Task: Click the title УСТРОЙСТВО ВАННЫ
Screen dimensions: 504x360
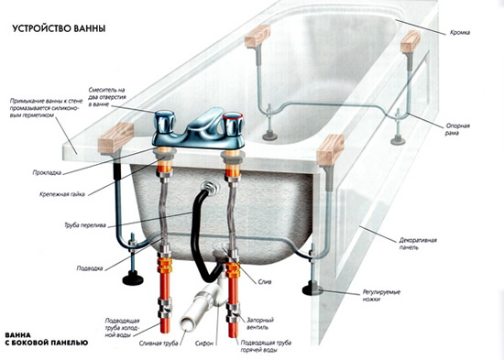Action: click(x=59, y=28)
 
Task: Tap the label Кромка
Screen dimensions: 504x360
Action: click(x=460, y=32)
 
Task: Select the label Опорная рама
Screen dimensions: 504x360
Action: click(x=457, y=129)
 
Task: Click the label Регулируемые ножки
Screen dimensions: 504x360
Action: click(x=381, y=296)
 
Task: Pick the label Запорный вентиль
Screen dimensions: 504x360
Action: click(x=260, y=323)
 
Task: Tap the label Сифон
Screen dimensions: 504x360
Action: click(x=204, y=344)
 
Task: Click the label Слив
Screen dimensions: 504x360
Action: click(x=265, y=282)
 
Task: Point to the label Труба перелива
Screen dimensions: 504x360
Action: click(x=85, y=225)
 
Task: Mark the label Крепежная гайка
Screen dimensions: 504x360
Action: click(x=62, y=194)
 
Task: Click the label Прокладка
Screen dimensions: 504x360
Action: click(x=47, y=172)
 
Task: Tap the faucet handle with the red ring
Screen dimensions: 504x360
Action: click(x=234, y=124)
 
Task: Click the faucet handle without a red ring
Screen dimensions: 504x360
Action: click(x=165, y=124)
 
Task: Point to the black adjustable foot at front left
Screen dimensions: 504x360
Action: click(x=132, y=278)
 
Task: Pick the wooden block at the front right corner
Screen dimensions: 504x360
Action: click(x=330, y=150)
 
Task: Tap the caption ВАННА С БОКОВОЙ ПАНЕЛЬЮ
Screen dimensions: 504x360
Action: click(x=47, y=339)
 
